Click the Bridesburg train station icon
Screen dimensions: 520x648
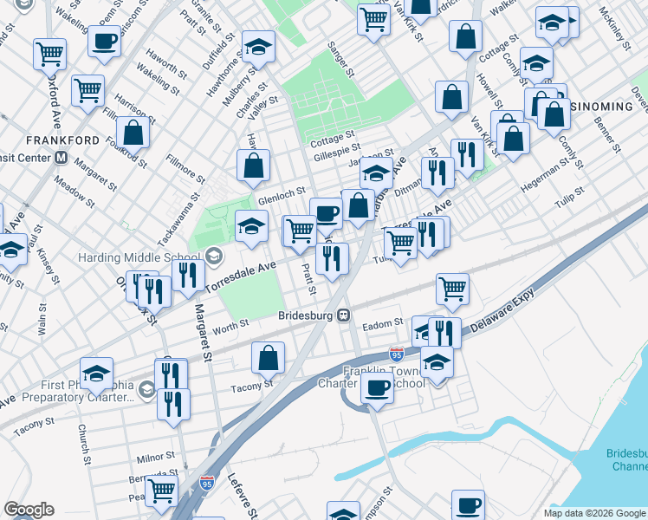pyautogui.click(x=344, y=316)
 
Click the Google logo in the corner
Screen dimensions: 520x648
pyautogui.click(x=29, y=510)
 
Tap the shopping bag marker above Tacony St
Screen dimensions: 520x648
pyautogui.click(x=269, y=357)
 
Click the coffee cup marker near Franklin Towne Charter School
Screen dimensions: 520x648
pyautogui.click(x=377, y=387)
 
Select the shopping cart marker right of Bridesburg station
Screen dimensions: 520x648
pyautogui.click(x=453, y=289)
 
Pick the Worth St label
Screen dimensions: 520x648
pyautogui.click(x=230, y=324)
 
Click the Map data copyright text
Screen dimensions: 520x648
pyautogui.click(x=595, y=513)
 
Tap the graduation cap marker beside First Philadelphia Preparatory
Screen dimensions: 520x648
pyautogui.click(x=96, y=373)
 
